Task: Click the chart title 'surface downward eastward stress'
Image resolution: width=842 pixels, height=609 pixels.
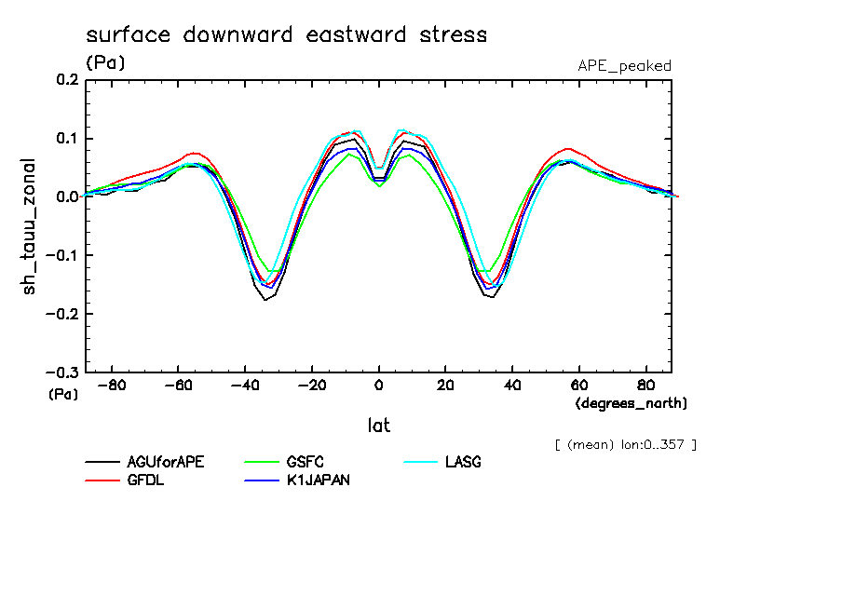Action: coord(286,35)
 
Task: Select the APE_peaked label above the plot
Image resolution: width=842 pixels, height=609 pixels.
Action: coord(624,65)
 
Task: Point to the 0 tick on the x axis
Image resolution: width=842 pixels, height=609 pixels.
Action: coord(378,385)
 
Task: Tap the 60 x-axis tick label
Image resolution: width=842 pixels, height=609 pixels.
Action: coord(578,385)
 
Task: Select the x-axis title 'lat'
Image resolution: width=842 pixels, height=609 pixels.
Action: coord(378,426)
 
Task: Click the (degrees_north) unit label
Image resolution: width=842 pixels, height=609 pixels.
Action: coord(631,403)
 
